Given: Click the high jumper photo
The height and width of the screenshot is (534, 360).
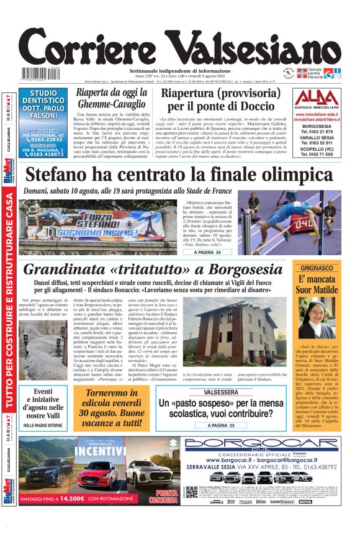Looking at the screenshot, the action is click(291, 224).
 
